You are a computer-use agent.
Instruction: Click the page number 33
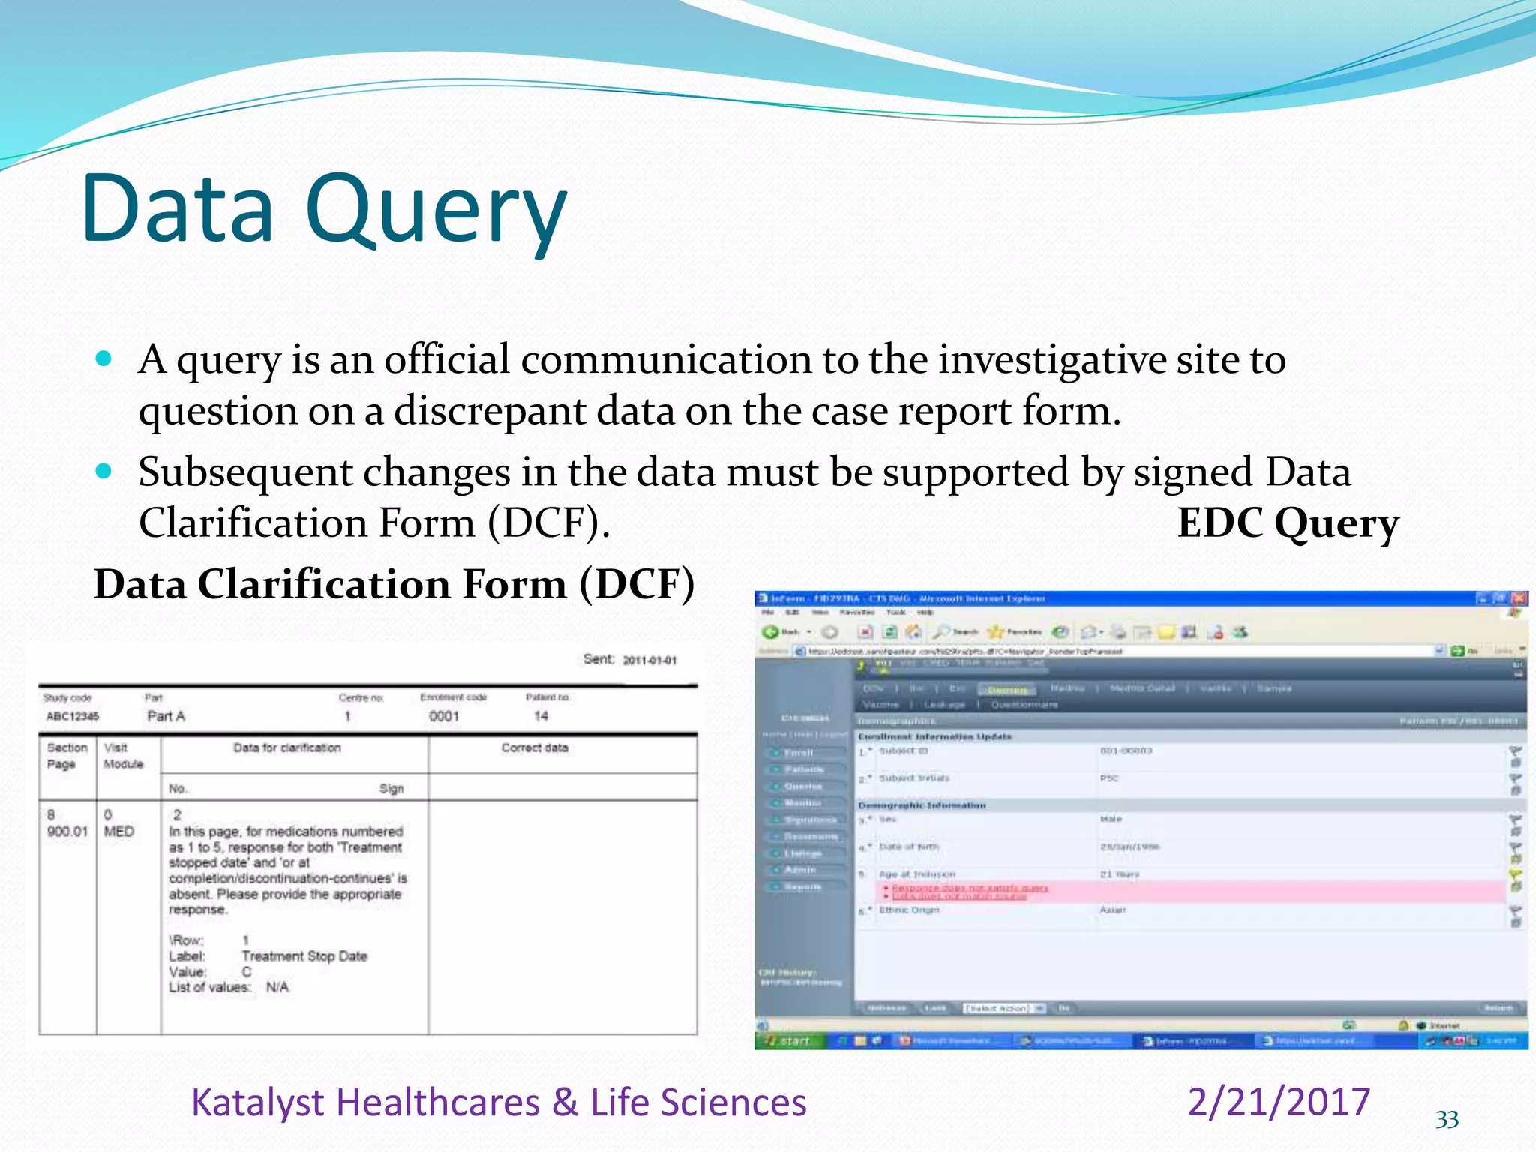(1447, 1120)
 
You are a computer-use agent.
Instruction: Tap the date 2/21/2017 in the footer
(1279, 1102)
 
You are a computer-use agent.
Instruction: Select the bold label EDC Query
(1288, 523)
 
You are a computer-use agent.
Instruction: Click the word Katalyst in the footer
(257, 1102)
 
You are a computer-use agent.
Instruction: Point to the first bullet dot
(104, 358)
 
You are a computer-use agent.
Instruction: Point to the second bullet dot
(104, 472)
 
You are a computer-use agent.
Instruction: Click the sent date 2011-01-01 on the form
(649, 661)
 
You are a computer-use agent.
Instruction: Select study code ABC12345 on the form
(73, 716)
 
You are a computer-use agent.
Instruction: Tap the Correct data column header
(535, 748)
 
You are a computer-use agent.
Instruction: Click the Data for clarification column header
(286, 748)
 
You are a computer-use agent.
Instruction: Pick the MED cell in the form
(118, 832)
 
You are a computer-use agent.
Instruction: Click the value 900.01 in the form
(67, 832)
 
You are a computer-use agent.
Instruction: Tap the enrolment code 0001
(444, 716)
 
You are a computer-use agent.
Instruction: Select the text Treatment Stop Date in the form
(304, 956)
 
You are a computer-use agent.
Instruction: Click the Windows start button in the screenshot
(789, 1040)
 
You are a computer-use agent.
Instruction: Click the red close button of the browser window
(1519, 598)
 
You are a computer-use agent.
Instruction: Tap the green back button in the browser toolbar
(770, 632)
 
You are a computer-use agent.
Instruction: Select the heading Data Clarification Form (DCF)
(394, 584)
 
